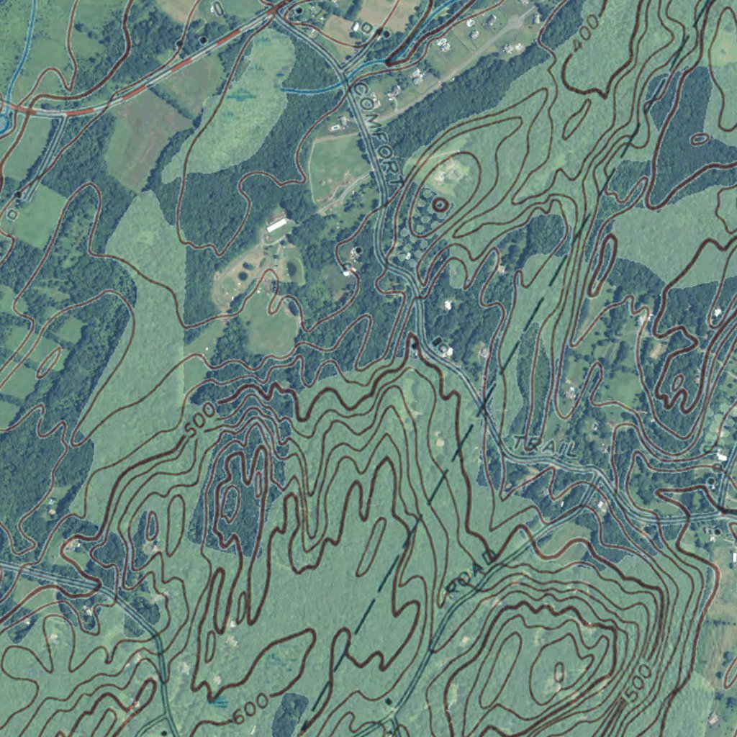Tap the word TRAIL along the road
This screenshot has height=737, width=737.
(546, 447)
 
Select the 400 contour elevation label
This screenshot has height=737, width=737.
(587, 33)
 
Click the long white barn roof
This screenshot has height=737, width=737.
(276, 224)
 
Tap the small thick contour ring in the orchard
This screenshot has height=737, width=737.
(440, 204)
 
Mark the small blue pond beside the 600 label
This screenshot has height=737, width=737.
(220, 700)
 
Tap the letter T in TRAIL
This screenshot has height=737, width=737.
(520, 440)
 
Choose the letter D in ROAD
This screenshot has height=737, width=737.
(489, 557)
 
